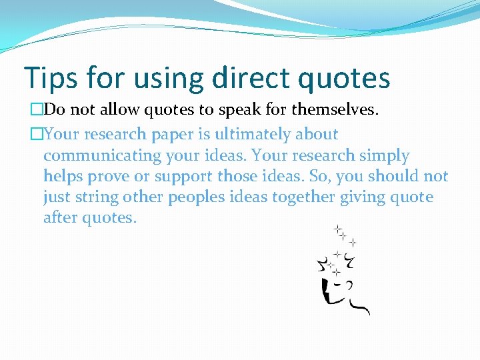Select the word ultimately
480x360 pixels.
250,134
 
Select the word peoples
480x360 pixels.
195,198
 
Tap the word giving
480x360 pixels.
355,198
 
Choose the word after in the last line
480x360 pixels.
60,218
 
